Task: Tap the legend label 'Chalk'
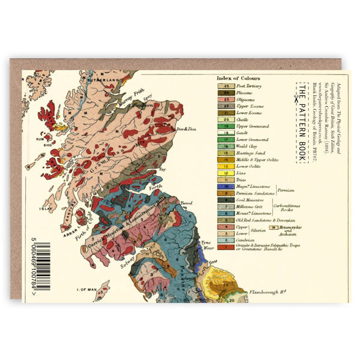[x=243, y=119]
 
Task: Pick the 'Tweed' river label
[x=186, y=203]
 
